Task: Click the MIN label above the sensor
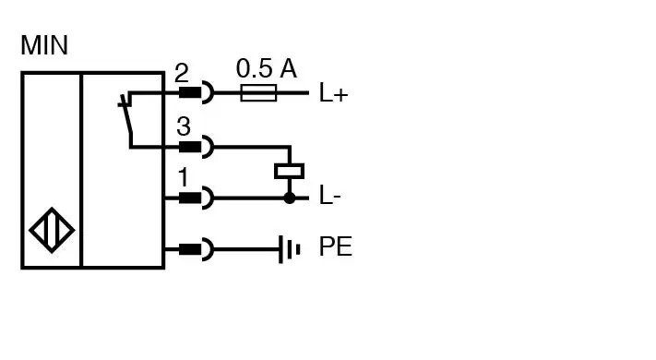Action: (x=44, y=44)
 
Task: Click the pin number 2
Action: (x=182, y=74)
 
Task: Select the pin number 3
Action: (x=183, y=127)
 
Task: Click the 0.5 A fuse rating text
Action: (x=266, y=67)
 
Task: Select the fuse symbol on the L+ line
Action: (x=257, y=92)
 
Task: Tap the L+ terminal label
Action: (x=333, y=93)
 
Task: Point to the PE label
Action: (x=335, y=247)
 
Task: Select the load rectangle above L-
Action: (x=290, y=171)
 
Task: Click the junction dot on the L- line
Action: (x=290, y=198)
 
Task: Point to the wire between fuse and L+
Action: (x=292, y=92)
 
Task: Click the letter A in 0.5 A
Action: (x=288, y=67)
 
